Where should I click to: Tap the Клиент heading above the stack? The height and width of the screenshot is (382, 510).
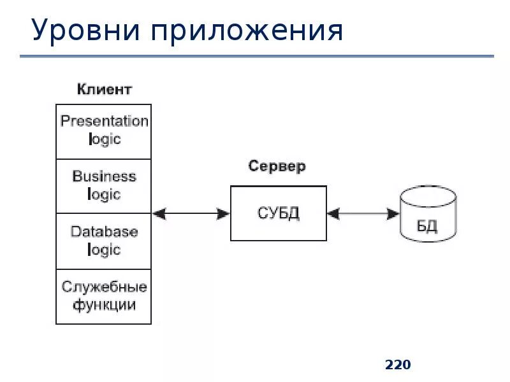[x=104, y=89]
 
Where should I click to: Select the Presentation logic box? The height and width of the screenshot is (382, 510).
[x=104, y=131]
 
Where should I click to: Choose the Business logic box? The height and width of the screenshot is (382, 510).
[x=104, y=186]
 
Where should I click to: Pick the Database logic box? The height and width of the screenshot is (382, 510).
[x=104, y=241]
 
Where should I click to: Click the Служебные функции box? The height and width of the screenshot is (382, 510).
[x=104, y=297]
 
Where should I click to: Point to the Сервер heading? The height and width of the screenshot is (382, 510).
[x=277, y=167]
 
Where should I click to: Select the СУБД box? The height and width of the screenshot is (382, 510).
[x=278, y=213]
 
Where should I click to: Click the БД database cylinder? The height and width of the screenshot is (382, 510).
[x=427, y=216]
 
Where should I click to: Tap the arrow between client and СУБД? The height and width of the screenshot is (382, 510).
[x=191, y=214]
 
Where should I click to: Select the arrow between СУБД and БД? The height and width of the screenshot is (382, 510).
[x=363, y=214]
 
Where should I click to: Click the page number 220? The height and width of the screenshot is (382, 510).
[x=398, y=365]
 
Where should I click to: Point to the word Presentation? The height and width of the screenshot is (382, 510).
[x=104, y=122]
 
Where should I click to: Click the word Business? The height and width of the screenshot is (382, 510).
[x=104, y=176]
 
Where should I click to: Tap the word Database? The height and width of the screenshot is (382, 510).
[x=104, y=232]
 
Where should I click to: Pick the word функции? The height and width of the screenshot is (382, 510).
[x=104, y=305]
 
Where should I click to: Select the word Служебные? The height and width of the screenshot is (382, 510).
[x=104, y=287]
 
